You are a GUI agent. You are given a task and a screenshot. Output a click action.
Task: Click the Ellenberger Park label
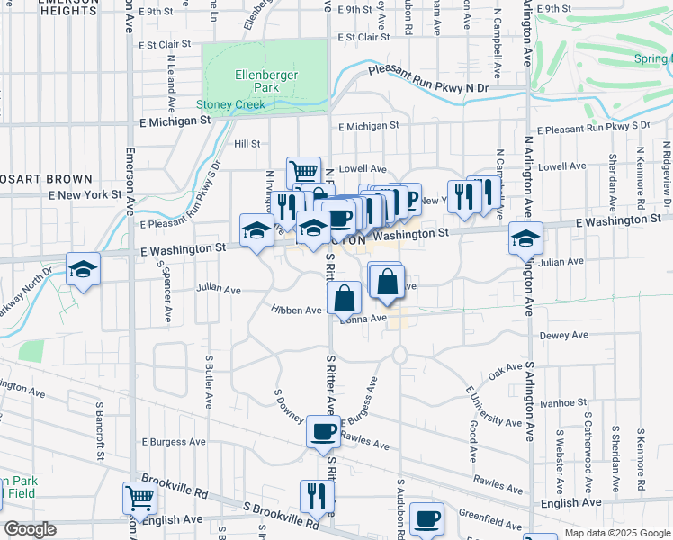click(x=254, y=81)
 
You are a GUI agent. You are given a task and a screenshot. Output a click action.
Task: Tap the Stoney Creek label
click(x=230, y=104)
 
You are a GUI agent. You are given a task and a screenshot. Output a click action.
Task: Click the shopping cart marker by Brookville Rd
click(x=139, y=497)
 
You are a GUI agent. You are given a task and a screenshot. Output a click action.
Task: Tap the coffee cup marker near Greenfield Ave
click(x=427, y=518)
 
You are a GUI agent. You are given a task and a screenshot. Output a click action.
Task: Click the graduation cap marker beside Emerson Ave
click(x=83, y=269)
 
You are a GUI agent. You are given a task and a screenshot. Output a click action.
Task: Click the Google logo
click(x=31, y=529)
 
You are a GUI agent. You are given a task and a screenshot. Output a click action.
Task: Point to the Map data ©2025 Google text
click(x=617, y=533)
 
